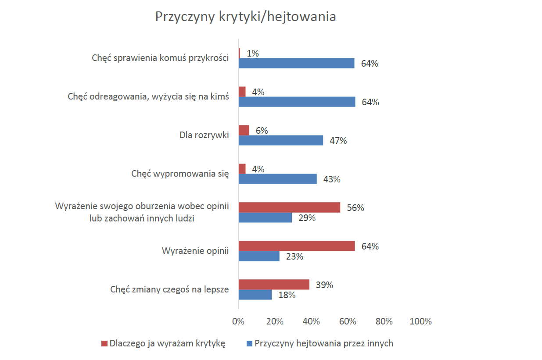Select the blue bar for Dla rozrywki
point(281,140)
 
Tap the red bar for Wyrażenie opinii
point(297,246)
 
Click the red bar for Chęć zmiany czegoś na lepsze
point(274,285)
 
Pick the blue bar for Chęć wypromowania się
point(277,179)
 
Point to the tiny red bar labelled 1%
point(240,53)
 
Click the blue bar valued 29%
point(265,217)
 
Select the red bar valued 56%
point(289,207)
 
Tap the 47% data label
point(338,141)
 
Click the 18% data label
point(287,295)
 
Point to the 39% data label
point(324,285)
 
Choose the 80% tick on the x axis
point(384,321)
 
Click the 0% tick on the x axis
point(238,321)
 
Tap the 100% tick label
point(420,321)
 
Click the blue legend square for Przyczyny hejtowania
point(249,344)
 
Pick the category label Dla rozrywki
point(205,135)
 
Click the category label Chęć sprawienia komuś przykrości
point(161,58)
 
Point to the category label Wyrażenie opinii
point(196,251)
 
